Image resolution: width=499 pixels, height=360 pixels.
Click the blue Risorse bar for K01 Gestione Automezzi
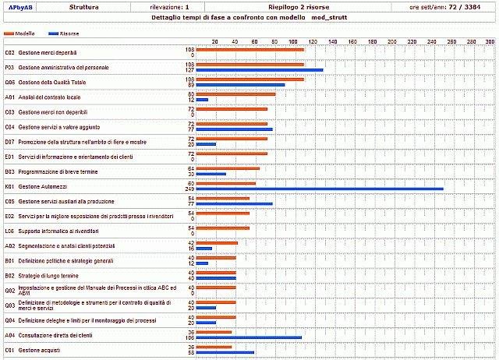pyautogui.click(x=320, y=189)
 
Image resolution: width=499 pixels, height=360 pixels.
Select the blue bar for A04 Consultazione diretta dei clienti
pyautogui.click(x=249, y=337)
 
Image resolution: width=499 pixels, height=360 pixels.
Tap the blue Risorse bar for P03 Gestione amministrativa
pyautogui.click(x=259, y=70)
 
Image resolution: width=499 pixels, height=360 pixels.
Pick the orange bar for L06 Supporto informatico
pyautogui.click(x=222, y=228)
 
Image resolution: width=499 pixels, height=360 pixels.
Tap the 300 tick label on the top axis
pyautogui.click(x=490, y=41)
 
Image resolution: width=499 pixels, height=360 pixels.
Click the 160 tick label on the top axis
pyautogui.click(x=352, y=41)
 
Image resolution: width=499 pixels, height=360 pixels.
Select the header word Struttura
pyautogui.click(x=83, y=6)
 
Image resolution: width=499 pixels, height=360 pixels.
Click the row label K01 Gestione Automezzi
pyautogui.click(x=37, y=186)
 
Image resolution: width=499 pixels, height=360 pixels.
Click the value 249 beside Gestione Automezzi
pyautogui.click(x=189, y=189)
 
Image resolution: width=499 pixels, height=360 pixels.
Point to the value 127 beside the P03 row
pyautogui.click(x=189, y=70)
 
